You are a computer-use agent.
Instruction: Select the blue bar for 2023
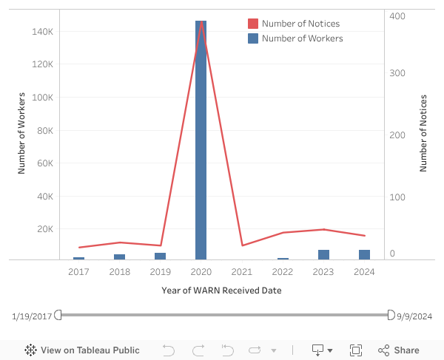pos(323,255)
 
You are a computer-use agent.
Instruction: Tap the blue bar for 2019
pos(160,257)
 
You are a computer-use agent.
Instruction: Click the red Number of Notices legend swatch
pos(253,24)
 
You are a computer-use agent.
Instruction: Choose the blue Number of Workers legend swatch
pos(253,38)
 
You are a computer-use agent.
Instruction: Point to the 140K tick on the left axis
pos(41,32)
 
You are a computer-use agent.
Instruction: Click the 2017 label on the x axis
pos(78,272)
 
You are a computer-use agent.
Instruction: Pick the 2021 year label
pos(242,272)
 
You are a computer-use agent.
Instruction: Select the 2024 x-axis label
pos(364,272)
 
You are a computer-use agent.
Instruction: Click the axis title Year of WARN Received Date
pos(221,291)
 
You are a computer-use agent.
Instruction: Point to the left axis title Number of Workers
pos(21,133)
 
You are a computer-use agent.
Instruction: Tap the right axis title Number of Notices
pos(424,133)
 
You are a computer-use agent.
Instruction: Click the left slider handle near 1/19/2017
pos(58,315)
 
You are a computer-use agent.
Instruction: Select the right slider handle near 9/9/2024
pos(391,315)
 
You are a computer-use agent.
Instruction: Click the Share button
pos(399,350)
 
